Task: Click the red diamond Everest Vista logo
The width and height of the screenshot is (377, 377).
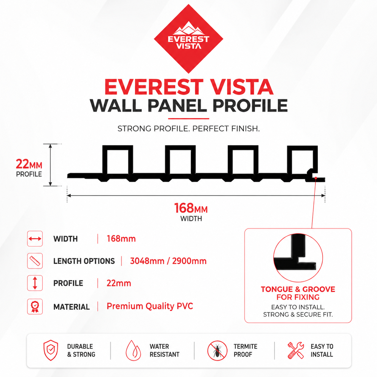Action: [x=188, y=39]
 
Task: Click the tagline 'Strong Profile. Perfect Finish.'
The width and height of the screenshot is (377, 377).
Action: [x=188, y=129]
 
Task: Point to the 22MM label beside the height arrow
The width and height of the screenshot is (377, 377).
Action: [x=29, y=164]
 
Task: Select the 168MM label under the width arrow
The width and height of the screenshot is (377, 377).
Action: [x=191, y=208]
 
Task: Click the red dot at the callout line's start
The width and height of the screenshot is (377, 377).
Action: [x=316, y=178]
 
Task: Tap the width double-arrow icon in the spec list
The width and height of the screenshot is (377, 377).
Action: [x=35, y=238]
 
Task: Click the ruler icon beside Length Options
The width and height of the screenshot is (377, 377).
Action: [x=35, y=261]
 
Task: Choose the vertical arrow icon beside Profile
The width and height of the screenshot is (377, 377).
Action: [x=35, y=283]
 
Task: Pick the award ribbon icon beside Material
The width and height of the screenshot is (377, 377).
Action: [x=35, y=307]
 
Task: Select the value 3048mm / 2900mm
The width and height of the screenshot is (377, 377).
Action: [x=168, y=261]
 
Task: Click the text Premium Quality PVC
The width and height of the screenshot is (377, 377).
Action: [x=150, y=306]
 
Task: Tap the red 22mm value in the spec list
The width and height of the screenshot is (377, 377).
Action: [x=119, y=283]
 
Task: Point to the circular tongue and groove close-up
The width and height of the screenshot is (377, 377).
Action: [x=298, y=257]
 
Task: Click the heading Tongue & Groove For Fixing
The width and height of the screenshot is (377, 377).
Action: [x=298, y=293]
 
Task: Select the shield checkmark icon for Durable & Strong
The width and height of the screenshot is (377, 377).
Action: [x=51, y=350]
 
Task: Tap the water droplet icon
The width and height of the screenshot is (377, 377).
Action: [x=133, y=350]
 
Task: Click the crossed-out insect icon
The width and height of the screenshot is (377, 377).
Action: [x=217, y=350]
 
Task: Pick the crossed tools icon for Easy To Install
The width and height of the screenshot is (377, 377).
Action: [x=296, y=350]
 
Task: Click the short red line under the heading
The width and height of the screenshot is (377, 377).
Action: [x=188, y=118]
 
